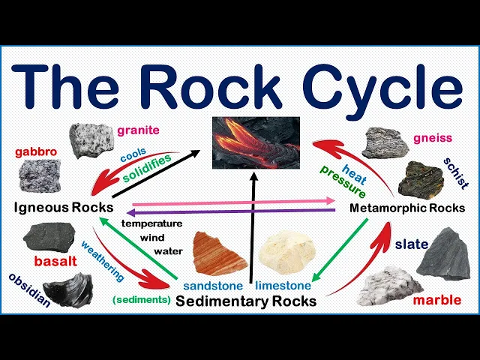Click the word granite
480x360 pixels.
pyautogui.click(x=138, y=130)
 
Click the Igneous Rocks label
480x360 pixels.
pyautogui.click(x=64, y=207)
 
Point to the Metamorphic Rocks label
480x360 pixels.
pyautogui.click(x=407, y=208)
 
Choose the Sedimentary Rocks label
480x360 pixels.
pyautogui.click(x=245, y=301)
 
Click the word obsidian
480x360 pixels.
pyautogui.click(x=29, y=290)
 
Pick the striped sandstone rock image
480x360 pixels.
pyautogui.click(x=219, y=253)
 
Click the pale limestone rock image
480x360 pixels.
pyautogui.click(x=289, y=252)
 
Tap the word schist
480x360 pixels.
pyautogui.click(x=454, y=173)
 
